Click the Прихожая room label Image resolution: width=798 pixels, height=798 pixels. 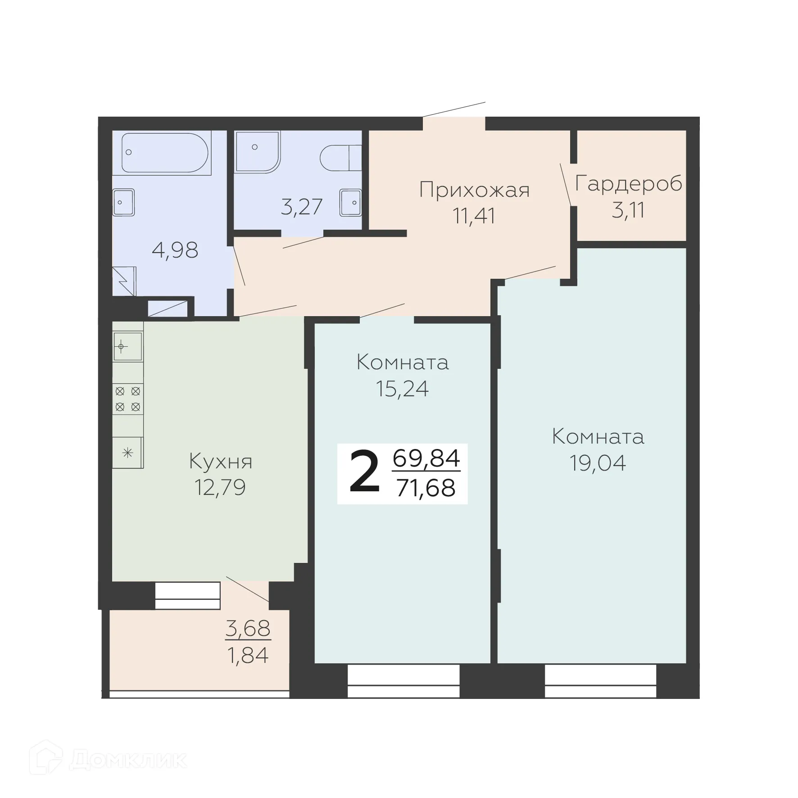[x=474, y=190]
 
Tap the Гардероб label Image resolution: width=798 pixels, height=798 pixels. [x=629, y=184]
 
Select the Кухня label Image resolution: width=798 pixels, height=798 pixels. [x=221, y=462]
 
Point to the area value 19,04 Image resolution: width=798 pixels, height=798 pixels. [x=598, y=463]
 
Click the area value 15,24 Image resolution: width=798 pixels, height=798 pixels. [x=403, y=389]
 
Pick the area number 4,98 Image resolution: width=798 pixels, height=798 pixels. [x=175, y=250]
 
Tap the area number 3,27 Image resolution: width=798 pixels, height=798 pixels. [x=302, y=207]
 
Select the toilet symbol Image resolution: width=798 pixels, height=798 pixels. [x=340, y=158]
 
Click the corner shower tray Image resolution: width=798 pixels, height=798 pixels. [x=256, y=151]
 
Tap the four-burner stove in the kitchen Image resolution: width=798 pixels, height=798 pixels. [x=128, y=399]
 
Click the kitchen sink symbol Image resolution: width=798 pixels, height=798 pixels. [x=127, y=347]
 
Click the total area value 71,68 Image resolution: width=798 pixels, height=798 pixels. [x=426, y=488]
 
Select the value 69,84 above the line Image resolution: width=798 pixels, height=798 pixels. [x=426, y=459]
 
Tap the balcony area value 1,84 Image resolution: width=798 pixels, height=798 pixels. [x=248, y=655]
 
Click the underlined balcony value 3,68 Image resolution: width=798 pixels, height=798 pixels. [x=248, y=628]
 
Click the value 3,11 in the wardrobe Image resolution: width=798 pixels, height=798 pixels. [x=628, y=210]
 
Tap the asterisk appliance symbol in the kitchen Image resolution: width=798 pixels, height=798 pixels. [x=128, y=453]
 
